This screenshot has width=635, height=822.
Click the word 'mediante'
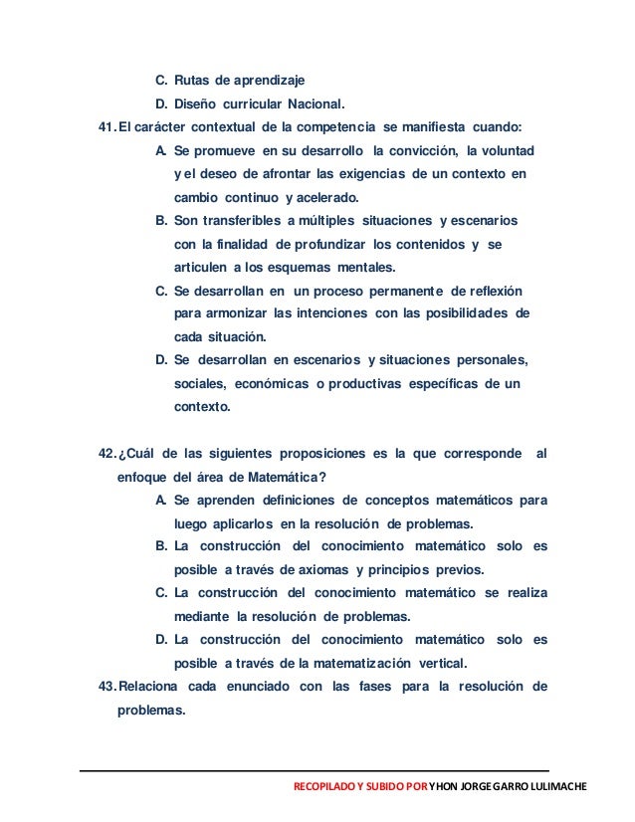[201, 617]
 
